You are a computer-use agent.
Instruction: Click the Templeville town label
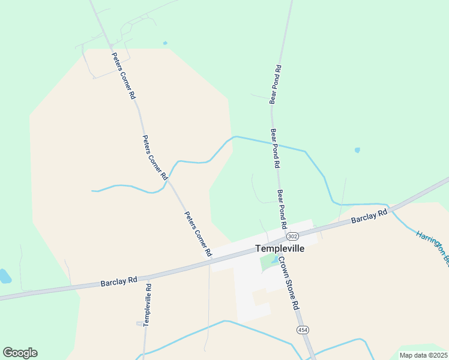coord(280,248)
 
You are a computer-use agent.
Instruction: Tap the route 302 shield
coord(292,235)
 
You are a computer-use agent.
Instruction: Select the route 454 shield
coord(302,331)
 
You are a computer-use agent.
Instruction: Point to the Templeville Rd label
coord(148,305)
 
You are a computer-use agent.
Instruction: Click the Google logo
coord(20,353)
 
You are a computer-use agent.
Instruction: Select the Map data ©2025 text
coord(423,355)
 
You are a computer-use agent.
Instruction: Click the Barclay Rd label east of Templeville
coord(369,217)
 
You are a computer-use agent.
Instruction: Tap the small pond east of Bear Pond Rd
coord(358,150)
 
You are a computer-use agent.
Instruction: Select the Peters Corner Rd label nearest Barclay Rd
coord(198,235)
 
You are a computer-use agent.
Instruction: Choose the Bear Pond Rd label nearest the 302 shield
coord(280,209)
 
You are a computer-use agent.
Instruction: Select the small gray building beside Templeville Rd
coord(140,323)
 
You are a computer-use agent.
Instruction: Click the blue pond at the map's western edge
coord(4,276)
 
